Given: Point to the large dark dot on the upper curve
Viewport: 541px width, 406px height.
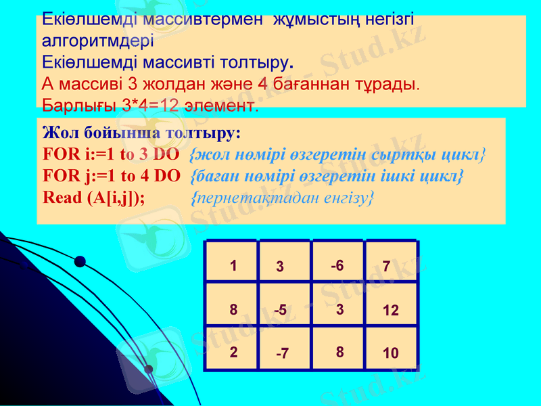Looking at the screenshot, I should [80, 262].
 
